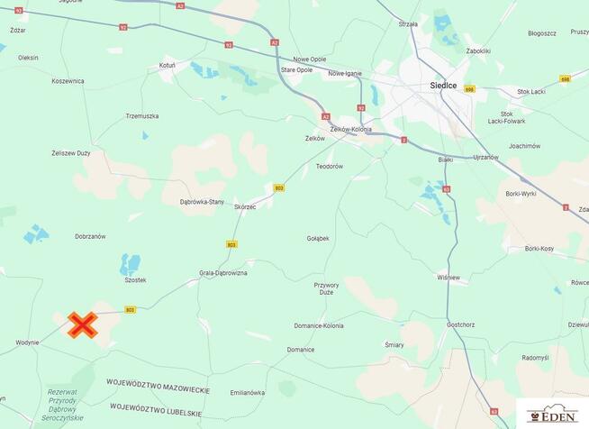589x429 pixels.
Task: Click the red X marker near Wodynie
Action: click(x=83, y=324)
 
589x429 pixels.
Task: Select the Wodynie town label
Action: click(x=27, y=343)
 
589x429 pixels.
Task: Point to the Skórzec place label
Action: click(x=245, y=206)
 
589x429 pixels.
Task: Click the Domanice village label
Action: click(x=301, y=350)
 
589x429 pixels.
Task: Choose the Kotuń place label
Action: click(x=167, y=66)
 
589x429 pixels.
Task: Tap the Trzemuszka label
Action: click(x=142, y=116)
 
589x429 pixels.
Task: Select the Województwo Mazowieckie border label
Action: click(x=159, y=389)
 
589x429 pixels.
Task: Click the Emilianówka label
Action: click(x=248, y=393)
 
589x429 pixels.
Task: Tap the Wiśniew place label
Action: click(x=448, y=277)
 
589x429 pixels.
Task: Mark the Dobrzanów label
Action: click(x=90, y=236)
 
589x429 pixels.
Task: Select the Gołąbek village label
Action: click(x=318, y=238)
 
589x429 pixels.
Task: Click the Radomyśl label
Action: click(x=534, y=357)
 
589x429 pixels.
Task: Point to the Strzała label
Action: click(x=408, y=24)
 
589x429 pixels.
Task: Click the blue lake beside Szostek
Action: click(x=131, y=264)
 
